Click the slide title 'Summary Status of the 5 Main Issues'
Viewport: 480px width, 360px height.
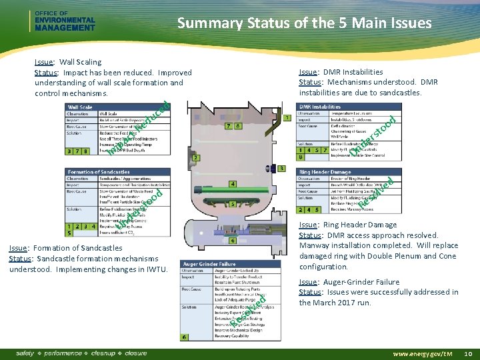pyautogui.click(x=304, y=24)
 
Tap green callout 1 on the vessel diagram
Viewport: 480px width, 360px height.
pyautogui.click(x=287, y=118)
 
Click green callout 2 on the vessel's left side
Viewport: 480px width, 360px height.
pyautogui.click(x=196, y=158)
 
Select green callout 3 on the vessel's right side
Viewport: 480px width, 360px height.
pyautogui.click(x=282, y=169)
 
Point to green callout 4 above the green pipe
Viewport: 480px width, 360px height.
pyautogui.click(x=232, y=183)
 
